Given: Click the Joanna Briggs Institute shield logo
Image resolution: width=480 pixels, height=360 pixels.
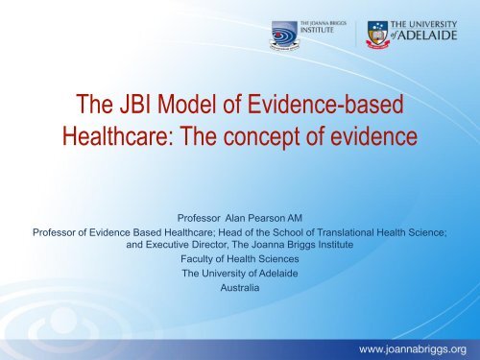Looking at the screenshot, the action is point(284,36).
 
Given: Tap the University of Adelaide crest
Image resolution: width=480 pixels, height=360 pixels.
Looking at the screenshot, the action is point(377,35).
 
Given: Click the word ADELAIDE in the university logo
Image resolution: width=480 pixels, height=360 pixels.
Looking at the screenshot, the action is point(427,36).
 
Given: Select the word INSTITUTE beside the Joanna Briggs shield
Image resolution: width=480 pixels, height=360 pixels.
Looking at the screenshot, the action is point(317,30).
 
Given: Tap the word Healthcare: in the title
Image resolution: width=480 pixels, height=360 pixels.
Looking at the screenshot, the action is point(118,136).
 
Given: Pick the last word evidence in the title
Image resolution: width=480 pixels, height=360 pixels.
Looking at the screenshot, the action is point(373,136).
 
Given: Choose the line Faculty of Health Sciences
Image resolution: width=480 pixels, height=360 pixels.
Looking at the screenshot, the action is point(240,259).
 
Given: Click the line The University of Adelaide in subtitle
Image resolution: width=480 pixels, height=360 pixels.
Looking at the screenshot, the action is point(240,274).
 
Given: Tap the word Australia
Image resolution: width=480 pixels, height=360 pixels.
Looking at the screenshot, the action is point(240,288).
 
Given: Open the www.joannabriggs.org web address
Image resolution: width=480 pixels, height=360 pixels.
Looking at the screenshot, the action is point(413,349).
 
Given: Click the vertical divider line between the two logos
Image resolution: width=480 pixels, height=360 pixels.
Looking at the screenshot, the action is point(356,35).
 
